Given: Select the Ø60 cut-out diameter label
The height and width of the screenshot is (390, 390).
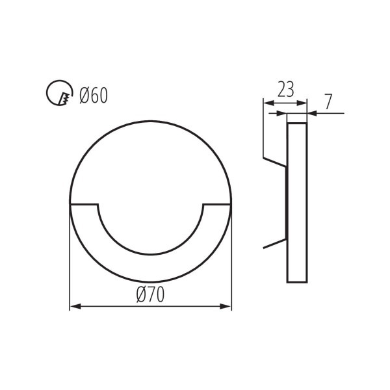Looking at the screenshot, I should click(x=93, y=96).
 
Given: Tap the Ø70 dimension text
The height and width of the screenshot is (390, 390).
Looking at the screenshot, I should click(x=150, y=294).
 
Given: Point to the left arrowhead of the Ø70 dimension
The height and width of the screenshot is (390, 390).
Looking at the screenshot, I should click(x=73, y=306).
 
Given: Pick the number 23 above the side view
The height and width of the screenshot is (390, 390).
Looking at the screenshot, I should click(x=285, y=90).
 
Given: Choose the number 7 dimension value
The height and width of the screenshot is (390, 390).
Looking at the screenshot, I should click(x=328, y=101).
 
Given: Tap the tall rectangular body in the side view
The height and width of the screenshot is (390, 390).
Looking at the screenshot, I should click(x=297, y=201).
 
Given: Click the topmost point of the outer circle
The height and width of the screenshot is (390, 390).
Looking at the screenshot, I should click(x=150, y=121).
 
